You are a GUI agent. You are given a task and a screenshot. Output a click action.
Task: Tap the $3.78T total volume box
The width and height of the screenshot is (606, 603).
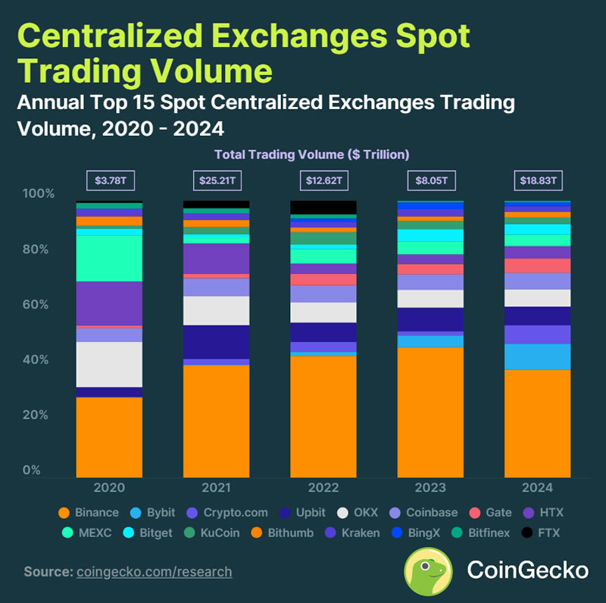tap(109, 181)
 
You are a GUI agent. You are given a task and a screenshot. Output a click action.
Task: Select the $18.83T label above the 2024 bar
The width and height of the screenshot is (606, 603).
tap(538, 181)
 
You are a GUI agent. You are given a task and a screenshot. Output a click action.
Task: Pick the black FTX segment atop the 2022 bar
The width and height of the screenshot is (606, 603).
tap(323, 207)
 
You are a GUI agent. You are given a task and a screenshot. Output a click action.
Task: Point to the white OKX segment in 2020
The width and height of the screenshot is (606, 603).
tap(109, 364)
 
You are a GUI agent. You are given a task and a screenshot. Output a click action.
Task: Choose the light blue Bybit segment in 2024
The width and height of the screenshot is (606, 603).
tap(538, 356)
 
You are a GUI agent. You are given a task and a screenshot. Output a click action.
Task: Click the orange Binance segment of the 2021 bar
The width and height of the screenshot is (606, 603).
tap(216, 421)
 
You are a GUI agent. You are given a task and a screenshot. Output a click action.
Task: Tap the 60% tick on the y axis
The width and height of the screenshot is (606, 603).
tap(39, 305)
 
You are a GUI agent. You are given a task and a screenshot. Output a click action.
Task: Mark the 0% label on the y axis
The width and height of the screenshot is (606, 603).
tap(32, 471)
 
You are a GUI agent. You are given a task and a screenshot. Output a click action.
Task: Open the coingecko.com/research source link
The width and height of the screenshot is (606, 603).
tap(155, 571)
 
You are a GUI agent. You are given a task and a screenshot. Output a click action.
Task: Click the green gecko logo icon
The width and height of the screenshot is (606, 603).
tap(428, 570)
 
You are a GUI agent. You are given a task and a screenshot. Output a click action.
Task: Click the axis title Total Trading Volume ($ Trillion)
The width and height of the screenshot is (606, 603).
tap(311, 154)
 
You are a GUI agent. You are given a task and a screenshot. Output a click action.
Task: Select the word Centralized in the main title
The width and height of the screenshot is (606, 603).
tap(131, 36)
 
